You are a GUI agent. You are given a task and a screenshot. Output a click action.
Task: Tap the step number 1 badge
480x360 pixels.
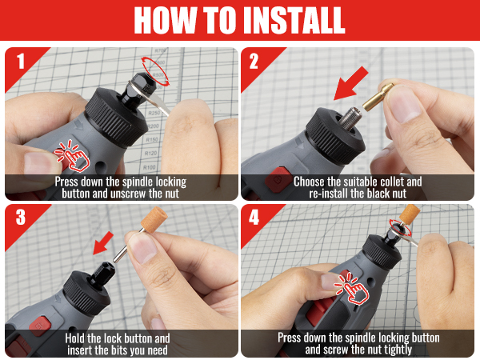pyautogui.click(x=21, y=62)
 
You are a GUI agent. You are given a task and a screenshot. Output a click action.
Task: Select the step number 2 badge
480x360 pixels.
pyautogui.click(x=254, y=62)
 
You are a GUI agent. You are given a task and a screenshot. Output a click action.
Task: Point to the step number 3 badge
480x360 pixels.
pyautogui.click(x=21, y=218)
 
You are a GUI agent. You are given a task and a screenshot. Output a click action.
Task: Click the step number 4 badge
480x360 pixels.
pyautogui.click(x=254, y=218)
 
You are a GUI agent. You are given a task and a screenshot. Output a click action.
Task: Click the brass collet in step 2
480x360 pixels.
pyautogui.click(x=378, y=97)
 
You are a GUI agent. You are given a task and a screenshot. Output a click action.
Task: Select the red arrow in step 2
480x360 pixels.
pyautogui.click(x=350, y=83)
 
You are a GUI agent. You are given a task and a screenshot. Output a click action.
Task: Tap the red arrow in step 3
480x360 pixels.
pyautogui.click(x=103, y=243)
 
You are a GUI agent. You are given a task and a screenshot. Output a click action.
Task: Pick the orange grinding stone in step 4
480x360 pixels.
pyautogui.click(x=410, y=215)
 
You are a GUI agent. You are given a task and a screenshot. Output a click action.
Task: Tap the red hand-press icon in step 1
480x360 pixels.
pyautogui.click(x=72, y=155)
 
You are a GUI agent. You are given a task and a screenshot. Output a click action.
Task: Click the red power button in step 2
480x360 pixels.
pyautogui.click(x=278, y=179)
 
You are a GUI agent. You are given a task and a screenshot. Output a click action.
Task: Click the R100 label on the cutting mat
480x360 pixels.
pyautogui.click(x=150, y=167)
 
